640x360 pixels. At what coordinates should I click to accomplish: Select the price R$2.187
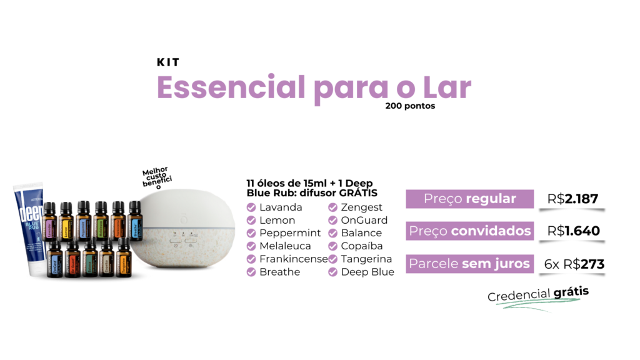[572, 199]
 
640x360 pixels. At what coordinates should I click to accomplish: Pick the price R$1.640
[573, 231]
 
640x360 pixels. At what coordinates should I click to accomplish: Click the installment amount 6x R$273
[574, 264]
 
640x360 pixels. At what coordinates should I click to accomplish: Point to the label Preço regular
[469, 199]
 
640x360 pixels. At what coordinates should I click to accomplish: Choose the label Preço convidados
[469, 231]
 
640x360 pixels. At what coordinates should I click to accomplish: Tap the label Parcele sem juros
[469, 264]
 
